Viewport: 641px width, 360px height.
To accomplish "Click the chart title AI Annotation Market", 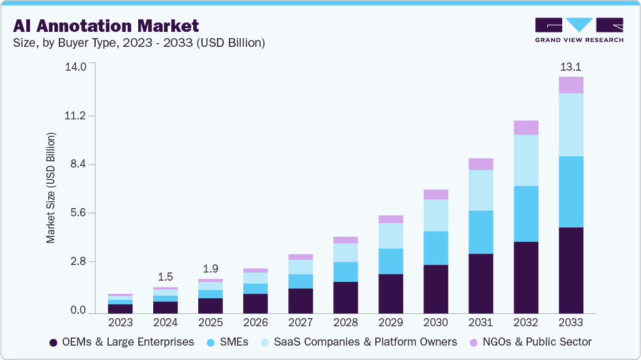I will pyautogui.click(x=106, y=26).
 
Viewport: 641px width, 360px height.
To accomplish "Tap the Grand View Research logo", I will pyautogui.click(x=579, y=30).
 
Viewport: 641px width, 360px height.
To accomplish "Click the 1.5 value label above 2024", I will pyautogui.click(x=165, y=277).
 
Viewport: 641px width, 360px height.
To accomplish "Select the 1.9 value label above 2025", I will pyautogui.click(x=210, y=269).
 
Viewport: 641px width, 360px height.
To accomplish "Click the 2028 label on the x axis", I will pyautogui.click(x=345, y=322).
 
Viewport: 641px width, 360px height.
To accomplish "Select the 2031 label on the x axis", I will pyautogui.click(x=480, y=322).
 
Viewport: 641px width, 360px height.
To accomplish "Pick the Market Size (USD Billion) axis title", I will pyautogui.click(x=51, y=187).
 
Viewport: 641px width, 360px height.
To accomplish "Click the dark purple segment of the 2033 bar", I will pyautogui.click(x=571, y=270).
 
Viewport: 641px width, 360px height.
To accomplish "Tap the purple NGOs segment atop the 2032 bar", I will pyautogui.click(x=526, y=127).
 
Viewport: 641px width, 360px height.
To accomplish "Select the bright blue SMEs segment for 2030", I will pyautogui.click(x=436, y=248).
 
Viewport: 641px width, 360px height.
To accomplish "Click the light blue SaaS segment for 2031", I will pyautogui.click(x=481, y=190).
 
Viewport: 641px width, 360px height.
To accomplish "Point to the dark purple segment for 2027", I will pyautogui.click(x=301, y=301).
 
